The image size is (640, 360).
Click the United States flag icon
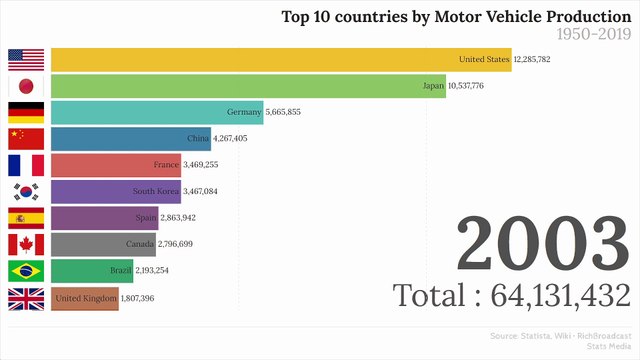pos(26,60)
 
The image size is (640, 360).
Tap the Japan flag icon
pos(26,86)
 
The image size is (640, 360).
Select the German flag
pos(26,112)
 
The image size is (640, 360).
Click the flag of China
pos(26,138)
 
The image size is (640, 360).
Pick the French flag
pos(26,165)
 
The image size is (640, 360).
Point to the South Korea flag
pos(26,191)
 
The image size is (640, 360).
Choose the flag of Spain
pos(26,218)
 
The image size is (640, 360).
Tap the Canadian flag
pos(26,244)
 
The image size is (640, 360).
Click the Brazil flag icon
pos(26,271)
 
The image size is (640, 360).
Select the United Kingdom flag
pos(26,298)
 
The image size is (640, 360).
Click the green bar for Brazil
pos(80,271)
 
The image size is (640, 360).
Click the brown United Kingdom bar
pos(84,298)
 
